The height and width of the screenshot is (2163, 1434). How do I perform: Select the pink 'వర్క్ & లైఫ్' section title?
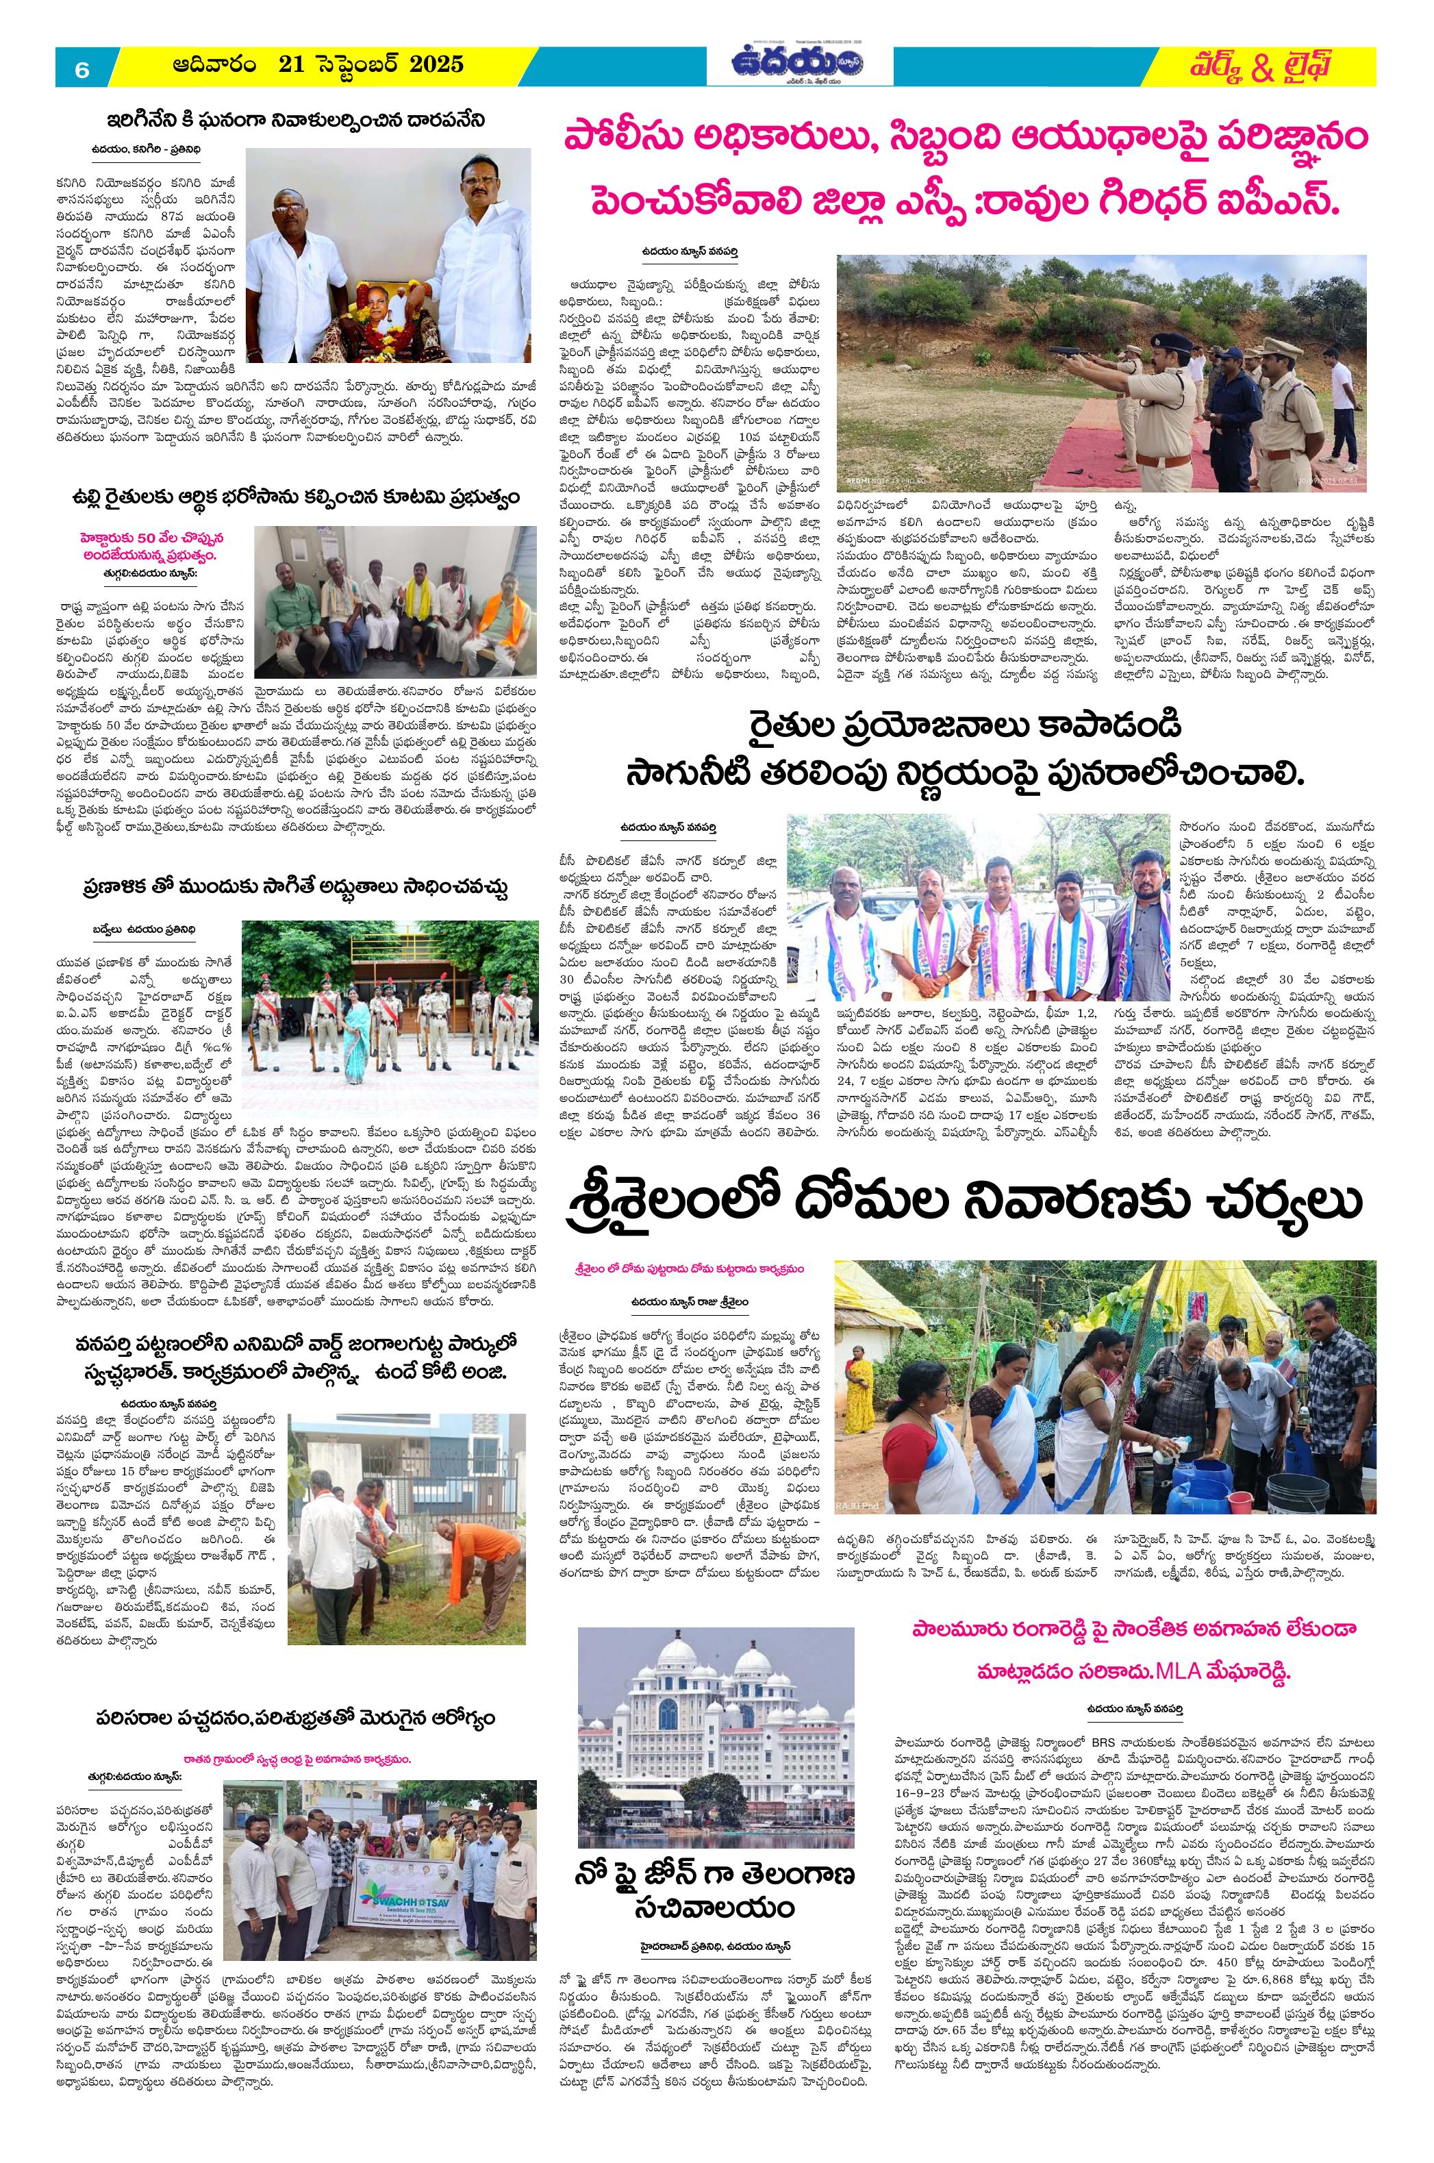point(1254,66)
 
